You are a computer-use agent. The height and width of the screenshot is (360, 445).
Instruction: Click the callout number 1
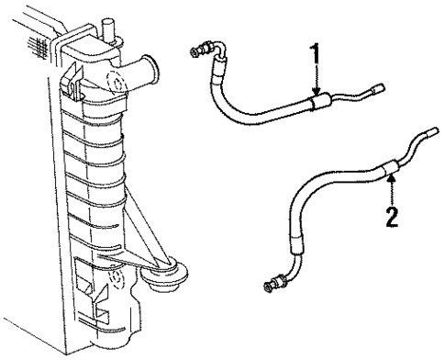click(316, 55)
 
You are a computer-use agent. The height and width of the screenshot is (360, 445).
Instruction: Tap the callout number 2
click(392, 219)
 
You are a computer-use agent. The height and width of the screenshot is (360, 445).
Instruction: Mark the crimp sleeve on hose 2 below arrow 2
click(389, 165)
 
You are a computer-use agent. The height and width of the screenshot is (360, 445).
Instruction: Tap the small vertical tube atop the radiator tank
click(110, 28)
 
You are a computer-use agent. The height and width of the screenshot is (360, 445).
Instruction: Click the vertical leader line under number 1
click(316, 78)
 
